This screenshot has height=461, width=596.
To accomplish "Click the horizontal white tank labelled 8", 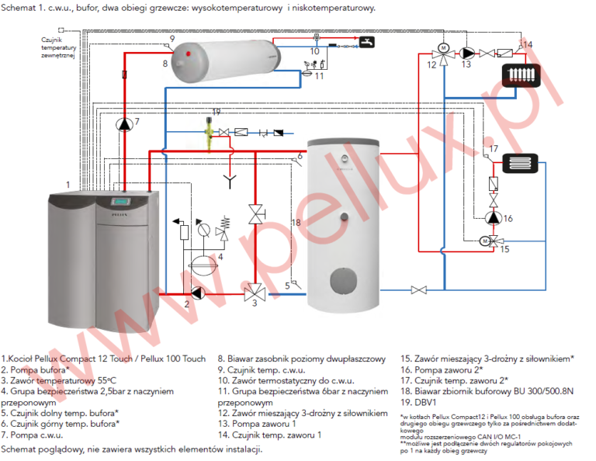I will pos(226,63).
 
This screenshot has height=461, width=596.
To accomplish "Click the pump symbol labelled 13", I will pos(468,53).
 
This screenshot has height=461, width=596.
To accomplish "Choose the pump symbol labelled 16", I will pos(493,219).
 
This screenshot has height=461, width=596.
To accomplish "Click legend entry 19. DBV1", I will pos(420,403).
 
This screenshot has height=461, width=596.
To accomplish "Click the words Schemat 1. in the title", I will pos(24,9).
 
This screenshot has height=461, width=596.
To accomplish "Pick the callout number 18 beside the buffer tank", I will pos(296,223).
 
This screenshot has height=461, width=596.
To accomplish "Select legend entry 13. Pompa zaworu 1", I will pos(255,424).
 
